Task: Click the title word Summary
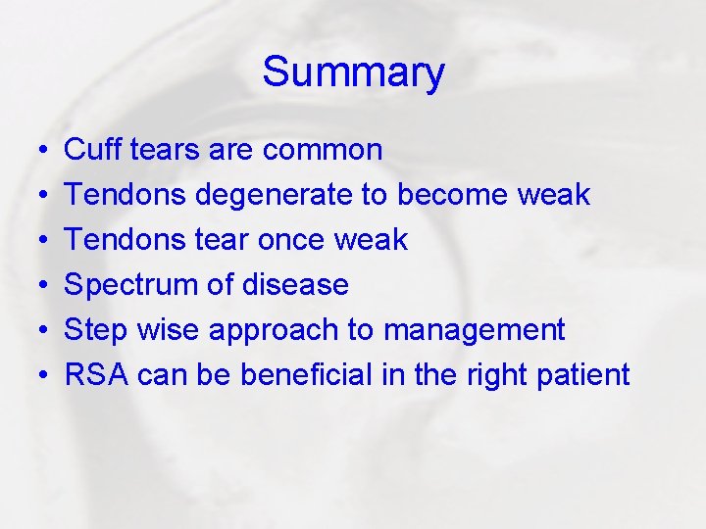pyautogui.click(x=353, y=72)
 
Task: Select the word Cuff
pyautogui.click(x=89, y=149)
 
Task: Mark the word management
pyautogui.click(x=474, y=330)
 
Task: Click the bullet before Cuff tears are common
pyautogui.click(x=33, y=150)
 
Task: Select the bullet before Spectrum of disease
pyautogui.click(x=33, y=286)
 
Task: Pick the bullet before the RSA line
pyautogui.click(x=33, y=376)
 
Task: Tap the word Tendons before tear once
pyautogui.click(x=126, y=239)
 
